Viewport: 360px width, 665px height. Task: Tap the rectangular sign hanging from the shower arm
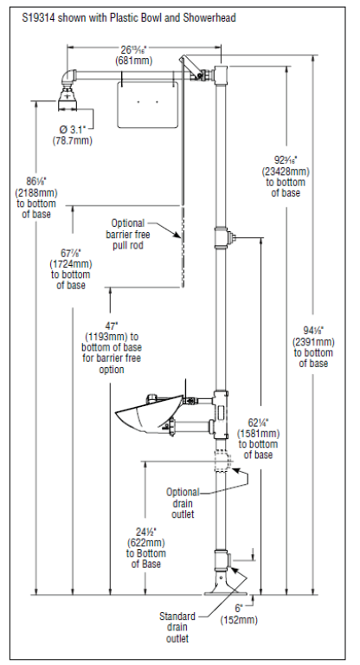[147, 104]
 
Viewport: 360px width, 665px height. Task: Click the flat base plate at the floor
[224, 593]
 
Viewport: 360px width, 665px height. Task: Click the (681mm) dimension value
[134, 61]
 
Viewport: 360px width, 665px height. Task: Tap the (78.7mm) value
[72, 140]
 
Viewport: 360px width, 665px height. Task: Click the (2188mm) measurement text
[36, 193]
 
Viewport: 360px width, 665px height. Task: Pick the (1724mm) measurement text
[71, 264]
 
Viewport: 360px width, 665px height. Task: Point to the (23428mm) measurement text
[286, 171]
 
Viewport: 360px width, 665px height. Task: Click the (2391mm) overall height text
[313, 342]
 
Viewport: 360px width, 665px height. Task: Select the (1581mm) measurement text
[259, 434]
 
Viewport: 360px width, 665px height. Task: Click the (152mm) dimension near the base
[239, 620]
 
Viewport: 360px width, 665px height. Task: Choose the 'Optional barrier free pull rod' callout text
[128, 234]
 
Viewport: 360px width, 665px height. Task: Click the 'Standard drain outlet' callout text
[177, 627]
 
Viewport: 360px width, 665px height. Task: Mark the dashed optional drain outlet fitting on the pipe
[224, 461]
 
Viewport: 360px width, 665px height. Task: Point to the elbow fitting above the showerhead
[67, 78]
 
